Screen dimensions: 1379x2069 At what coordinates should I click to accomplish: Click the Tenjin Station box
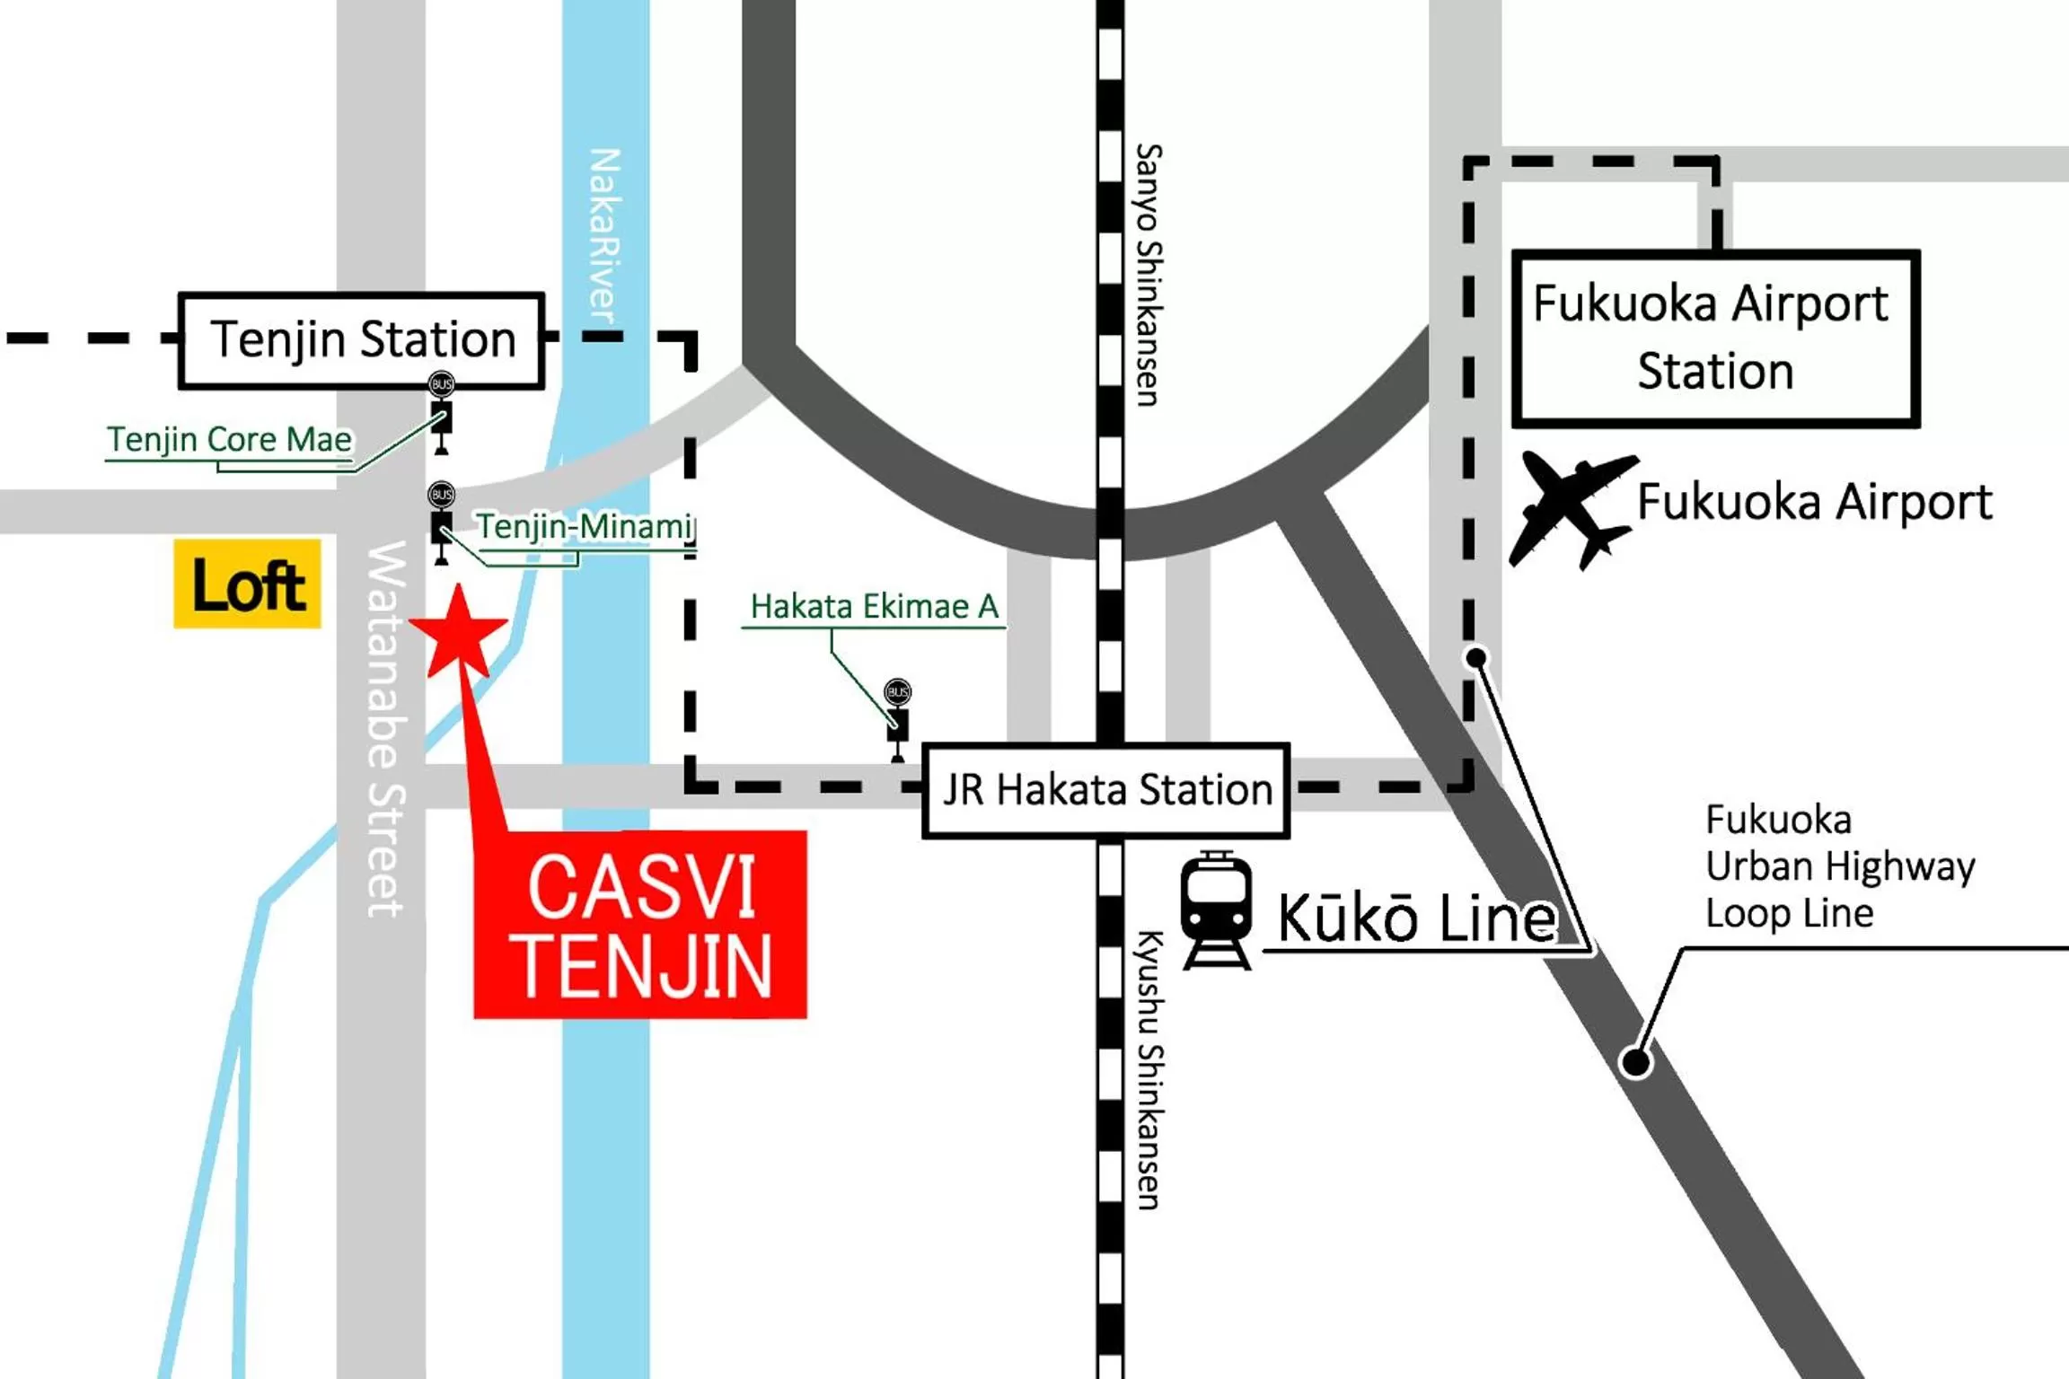click(362, 341)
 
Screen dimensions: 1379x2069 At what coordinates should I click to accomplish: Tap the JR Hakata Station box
click(1106, 791)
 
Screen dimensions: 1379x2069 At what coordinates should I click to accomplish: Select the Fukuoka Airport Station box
click(1715, 338)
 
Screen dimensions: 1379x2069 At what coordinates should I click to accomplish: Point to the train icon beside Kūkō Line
click(1216, 910)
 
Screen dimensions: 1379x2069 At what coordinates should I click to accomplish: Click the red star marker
click(458, 633)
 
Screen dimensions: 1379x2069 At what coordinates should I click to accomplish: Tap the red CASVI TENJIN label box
click(640, 925)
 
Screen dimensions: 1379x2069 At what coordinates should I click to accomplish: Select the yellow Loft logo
click(247, 584)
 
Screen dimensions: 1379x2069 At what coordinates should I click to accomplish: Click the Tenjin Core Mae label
click(230, 440)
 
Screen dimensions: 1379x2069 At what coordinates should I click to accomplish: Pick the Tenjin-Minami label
click(584, 526)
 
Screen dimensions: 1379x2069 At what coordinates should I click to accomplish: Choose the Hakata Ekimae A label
click(874, 607)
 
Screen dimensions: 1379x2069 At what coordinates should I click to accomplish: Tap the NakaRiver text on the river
click(604, 235)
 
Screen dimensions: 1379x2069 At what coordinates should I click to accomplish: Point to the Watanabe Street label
click(386, 728)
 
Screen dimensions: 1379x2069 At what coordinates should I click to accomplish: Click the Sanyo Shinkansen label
click(1148, 275)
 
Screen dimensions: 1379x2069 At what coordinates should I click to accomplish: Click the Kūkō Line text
click(1417, 918)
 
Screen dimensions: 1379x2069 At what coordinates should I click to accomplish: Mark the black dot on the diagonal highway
click(1635, 1062)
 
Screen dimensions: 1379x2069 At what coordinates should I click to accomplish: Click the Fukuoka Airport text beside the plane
click(1814, 503)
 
